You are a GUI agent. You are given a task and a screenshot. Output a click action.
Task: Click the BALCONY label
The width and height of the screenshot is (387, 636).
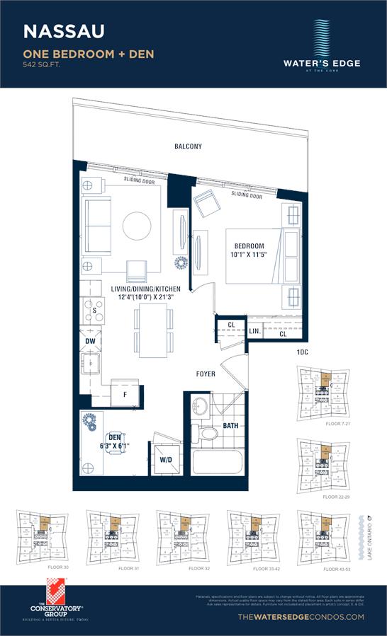click(189, 146)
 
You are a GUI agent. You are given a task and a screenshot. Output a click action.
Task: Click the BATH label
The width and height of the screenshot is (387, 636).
click(231, 425)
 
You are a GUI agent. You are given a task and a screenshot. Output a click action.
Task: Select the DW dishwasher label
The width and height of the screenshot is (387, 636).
click(89, 340)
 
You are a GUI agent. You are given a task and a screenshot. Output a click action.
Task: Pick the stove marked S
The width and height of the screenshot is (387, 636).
click(94, 311)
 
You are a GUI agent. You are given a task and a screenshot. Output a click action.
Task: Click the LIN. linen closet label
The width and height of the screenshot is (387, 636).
click(253, 331)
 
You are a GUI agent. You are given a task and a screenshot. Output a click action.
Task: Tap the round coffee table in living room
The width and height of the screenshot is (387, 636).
click(137, 227)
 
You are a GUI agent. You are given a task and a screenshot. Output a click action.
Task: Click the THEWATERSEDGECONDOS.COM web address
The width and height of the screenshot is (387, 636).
click(302, 617)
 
